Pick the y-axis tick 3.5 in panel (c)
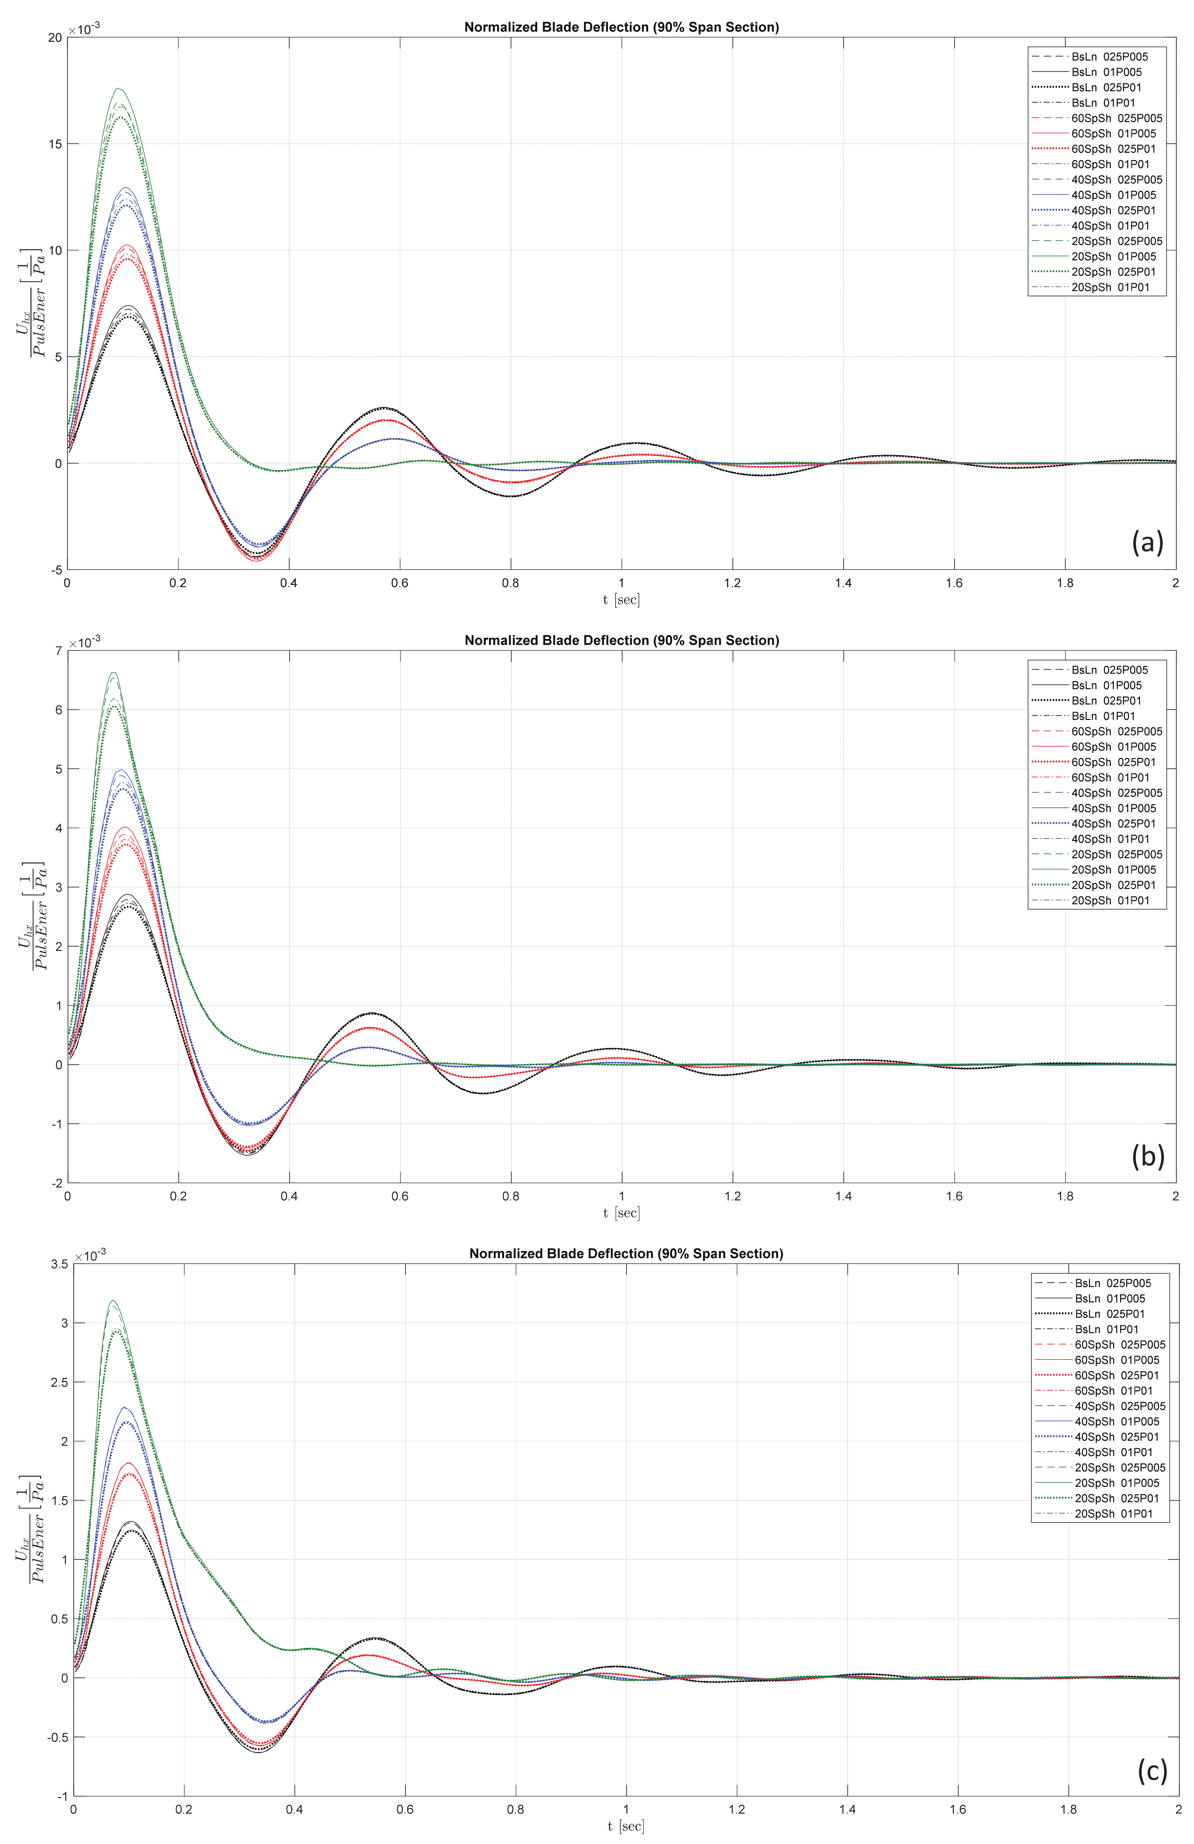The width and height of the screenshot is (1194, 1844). point(57,1264)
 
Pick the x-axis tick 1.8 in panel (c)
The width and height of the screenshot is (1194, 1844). point(1069,1810)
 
